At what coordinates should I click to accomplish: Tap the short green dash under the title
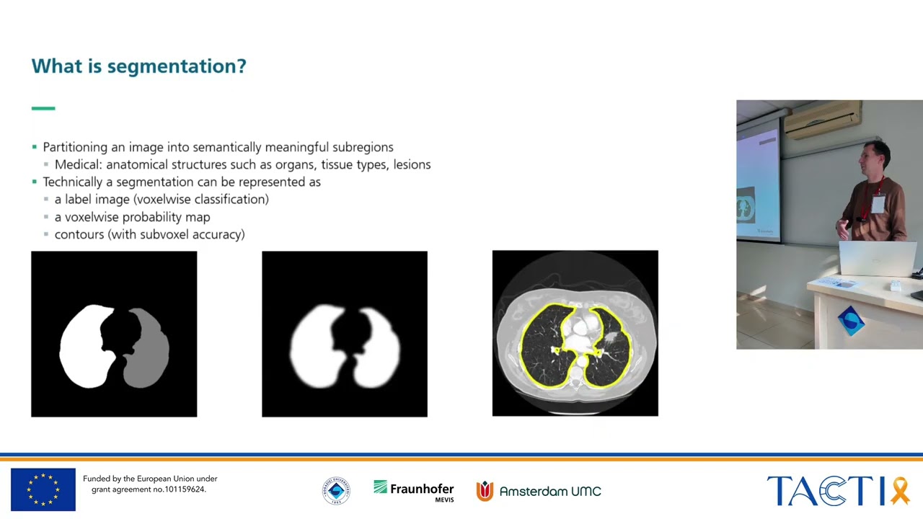43,108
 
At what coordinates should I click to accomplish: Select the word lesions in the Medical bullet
411,164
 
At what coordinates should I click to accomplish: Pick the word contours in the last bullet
79,234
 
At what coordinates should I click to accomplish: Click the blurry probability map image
345,334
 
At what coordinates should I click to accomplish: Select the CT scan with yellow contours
575,334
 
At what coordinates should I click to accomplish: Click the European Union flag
43,489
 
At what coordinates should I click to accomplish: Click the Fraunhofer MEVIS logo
414,491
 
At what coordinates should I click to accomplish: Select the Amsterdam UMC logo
539,491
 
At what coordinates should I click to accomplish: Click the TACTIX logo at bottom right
837,491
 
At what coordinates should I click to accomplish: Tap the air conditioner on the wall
822,120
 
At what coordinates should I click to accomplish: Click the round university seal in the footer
336,491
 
